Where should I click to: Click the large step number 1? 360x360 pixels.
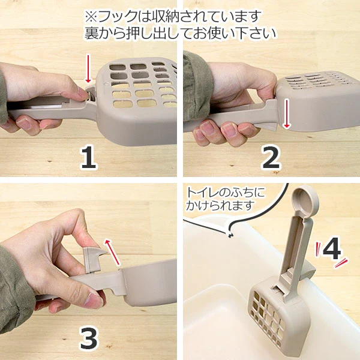[89, 158]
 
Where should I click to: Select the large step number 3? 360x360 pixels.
[89, 339]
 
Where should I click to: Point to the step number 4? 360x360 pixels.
[332, 248]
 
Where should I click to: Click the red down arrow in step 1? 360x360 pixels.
[88, 68]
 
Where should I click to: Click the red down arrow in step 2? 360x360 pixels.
[286, 114]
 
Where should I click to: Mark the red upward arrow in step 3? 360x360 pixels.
[113, 252]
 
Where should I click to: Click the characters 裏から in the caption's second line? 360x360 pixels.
[105, 34]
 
